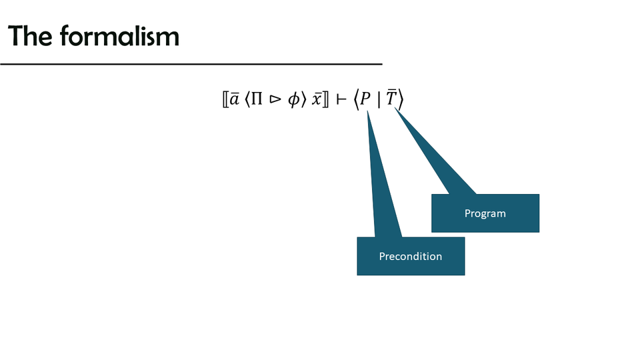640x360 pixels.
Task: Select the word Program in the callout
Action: (485, 213)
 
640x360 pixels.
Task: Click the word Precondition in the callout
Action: (410, 256)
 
